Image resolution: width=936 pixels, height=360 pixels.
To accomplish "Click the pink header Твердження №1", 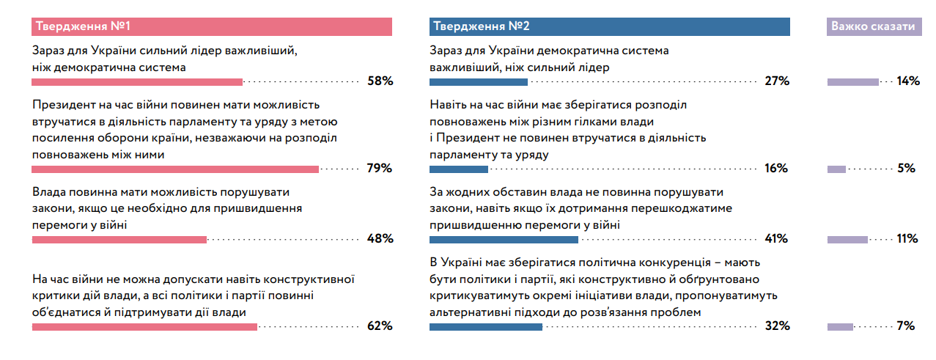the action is coord(211,26).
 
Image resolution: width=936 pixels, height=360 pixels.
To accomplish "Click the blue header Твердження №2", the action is coord(610,26).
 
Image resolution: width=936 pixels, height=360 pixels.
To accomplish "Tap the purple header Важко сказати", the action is coord(874,26).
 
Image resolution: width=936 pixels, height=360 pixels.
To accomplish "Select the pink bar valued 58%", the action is coord(137,82).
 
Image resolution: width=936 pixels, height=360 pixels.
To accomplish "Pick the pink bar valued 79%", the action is coord(175,169).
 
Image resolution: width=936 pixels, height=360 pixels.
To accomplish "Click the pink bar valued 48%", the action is coord(119,240).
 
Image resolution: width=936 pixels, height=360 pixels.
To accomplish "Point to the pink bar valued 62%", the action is coord(144,327).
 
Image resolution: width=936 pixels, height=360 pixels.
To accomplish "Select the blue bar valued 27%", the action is coord(479,82).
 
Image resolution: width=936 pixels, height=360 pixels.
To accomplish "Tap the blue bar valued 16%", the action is coord(459,169).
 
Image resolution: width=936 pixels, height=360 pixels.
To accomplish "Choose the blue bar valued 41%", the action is coord(504,240).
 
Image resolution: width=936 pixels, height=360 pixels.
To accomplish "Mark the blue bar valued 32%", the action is coord(486,327).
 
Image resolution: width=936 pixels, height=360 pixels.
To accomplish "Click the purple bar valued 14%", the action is coord(853,82).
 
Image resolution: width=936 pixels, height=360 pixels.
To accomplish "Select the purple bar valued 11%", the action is coord(847,240).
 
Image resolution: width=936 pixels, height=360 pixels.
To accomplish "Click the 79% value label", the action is coord(380,168).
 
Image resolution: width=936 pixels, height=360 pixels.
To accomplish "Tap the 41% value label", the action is coord(776,239).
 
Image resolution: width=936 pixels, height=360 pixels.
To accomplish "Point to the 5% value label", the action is coord(907,168).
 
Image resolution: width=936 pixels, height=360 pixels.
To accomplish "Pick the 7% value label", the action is coord(906,326).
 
